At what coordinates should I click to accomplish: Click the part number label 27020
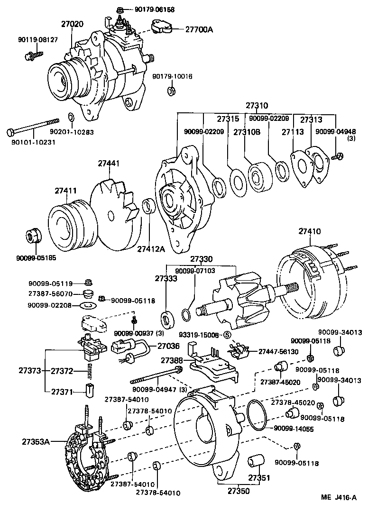click(72, 24)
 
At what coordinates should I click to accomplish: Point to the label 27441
click(109, 164)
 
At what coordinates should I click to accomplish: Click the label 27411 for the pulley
click(65, 191)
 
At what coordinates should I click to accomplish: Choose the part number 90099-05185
click(35, 258)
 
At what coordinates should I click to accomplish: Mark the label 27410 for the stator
click(310, 232)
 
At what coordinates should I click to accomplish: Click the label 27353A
click(36, 442)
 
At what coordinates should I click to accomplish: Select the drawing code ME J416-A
click(338, 497)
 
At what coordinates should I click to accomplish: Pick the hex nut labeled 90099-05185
click(33, 236)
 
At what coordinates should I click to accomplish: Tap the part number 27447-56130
click(278, 351)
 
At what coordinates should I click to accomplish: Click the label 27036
click(168, 346)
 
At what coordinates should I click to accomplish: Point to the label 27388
click(171, 361)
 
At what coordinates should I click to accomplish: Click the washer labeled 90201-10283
click(71, 117)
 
